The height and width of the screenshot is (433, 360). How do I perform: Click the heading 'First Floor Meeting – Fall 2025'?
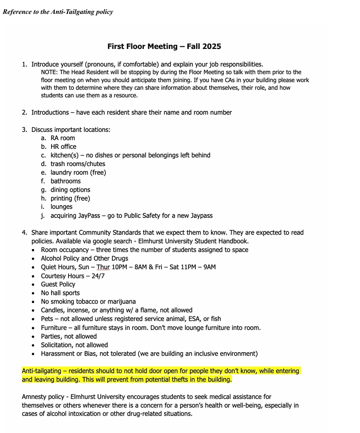pyautogui.click(x=164, y=46)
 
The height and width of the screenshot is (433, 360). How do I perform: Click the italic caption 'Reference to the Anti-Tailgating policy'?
pyautogui.click(x=58, y=12)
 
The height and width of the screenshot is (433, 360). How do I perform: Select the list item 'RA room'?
pyautogui.click(x=62, y=138)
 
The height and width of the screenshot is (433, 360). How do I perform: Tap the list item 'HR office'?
pyautogui.click(x=63, y=146)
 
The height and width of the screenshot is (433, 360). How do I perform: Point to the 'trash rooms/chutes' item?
pyautogui.click(x=77, y=164)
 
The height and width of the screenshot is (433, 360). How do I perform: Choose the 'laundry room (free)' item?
pyautogui.click(x=78, y=172)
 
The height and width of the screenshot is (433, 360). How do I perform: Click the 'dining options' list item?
pyautogui.click(x=70, y=190)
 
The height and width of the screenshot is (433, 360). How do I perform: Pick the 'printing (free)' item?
pyautogui.click(x=70, y=198)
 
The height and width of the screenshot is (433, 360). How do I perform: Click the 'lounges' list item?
pyautogui.click(x=61, y=207)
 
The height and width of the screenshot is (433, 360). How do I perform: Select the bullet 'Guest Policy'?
pyautogui.click(x=58, y=284)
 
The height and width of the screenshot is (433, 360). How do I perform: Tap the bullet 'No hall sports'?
pyautogui.click(x=60, y=293)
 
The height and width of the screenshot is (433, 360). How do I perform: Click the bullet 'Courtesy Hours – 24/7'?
pyautogui.click(x=73, y=276)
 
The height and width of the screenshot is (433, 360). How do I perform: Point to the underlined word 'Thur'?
pyautogui.click(x=103, y=267)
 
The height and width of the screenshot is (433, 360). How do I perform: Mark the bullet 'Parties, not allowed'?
pyautogui.click(x=69, y=336)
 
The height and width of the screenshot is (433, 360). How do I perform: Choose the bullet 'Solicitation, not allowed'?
pyautogui.click(x=74, y=345)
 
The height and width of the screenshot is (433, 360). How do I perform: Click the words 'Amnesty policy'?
pyautogui.click(x=45, y=397)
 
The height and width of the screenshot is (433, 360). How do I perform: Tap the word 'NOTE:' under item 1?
pyautogui.click(x=50, y=73)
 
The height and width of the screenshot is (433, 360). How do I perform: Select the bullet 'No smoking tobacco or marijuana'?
pyautogui.click(x=88, y=302)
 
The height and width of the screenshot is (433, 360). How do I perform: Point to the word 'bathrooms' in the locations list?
pyautogui.click(x=66, y=181)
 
